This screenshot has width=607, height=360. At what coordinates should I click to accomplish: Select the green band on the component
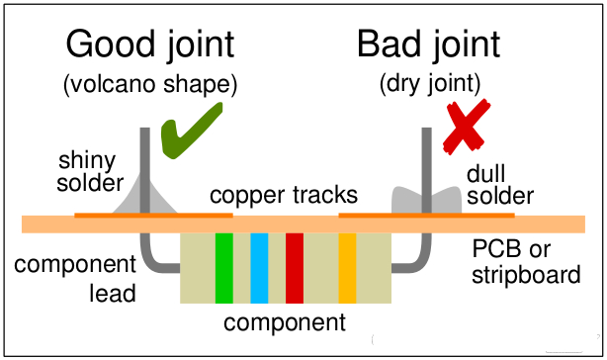223,267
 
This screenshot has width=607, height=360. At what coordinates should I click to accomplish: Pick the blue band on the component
259,267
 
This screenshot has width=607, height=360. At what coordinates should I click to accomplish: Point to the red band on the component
294,267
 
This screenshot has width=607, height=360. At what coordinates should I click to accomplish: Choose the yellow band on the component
347,267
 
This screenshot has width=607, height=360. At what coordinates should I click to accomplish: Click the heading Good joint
150,45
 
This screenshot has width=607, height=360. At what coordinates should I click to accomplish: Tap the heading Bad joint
428,45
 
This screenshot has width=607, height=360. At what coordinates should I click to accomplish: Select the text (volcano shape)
151,85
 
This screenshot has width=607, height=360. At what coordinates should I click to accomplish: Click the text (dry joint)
428,85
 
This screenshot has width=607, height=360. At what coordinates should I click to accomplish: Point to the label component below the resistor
285,321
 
